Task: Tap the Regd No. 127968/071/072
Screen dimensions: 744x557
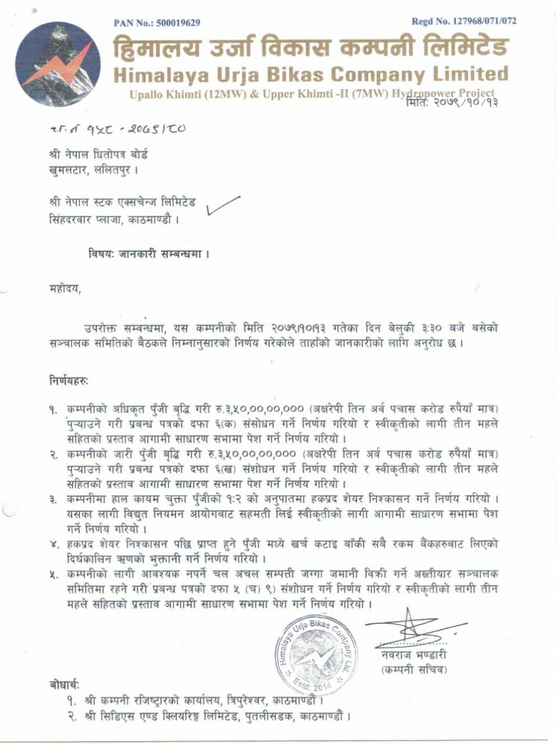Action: (465, 22)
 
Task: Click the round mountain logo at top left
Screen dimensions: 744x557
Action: (58, 64)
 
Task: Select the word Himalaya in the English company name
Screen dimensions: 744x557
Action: (160, 73)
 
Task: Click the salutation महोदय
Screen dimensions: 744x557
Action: (60, 290)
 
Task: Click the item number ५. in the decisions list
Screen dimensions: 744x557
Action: (52, 575)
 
